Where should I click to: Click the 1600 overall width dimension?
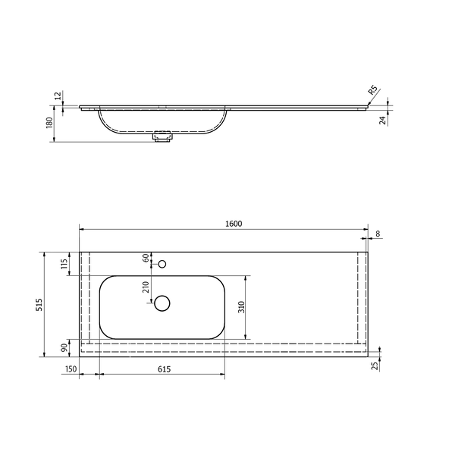[234, 224]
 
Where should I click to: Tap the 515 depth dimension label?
[39, 305]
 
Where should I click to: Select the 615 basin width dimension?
[165, 369]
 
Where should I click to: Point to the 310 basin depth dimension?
[241, 307]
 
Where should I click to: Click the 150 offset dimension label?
[71, 369]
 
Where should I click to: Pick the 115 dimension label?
[64, 263]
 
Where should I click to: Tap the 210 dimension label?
[146, 287]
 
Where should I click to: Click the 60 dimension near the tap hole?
[146, 257]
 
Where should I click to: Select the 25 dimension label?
[376, 366]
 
